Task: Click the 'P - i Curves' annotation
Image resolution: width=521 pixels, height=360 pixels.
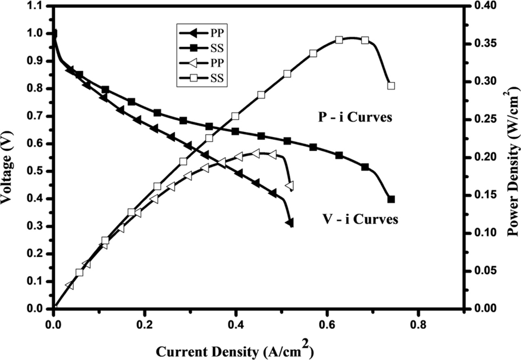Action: (x=354, y=119)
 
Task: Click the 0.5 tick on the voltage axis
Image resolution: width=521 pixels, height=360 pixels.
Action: (x=40, y=171)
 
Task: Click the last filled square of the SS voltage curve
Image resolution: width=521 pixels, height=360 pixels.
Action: (x=391, y=199)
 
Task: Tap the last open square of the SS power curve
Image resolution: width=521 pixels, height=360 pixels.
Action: (x=391, y=86)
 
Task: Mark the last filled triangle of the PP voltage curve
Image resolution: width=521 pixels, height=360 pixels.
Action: (x=289, y=223)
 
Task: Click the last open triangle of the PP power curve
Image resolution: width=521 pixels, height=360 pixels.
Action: (x=289, y=186)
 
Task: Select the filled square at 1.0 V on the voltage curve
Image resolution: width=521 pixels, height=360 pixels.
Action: (x=54, y=33)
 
